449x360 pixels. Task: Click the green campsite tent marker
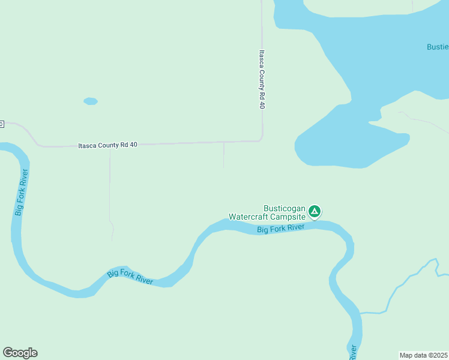315,211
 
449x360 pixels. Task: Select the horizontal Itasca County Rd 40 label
108,145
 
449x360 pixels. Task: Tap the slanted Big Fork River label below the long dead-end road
130,277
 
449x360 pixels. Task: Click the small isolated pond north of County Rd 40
91,101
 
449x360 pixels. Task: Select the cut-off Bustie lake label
437,47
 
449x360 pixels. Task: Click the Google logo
20,353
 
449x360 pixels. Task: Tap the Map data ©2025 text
423,355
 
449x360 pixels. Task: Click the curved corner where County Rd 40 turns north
260,139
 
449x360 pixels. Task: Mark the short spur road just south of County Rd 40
223,155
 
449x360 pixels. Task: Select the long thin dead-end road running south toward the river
110,192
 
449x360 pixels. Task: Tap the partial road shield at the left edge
2,124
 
